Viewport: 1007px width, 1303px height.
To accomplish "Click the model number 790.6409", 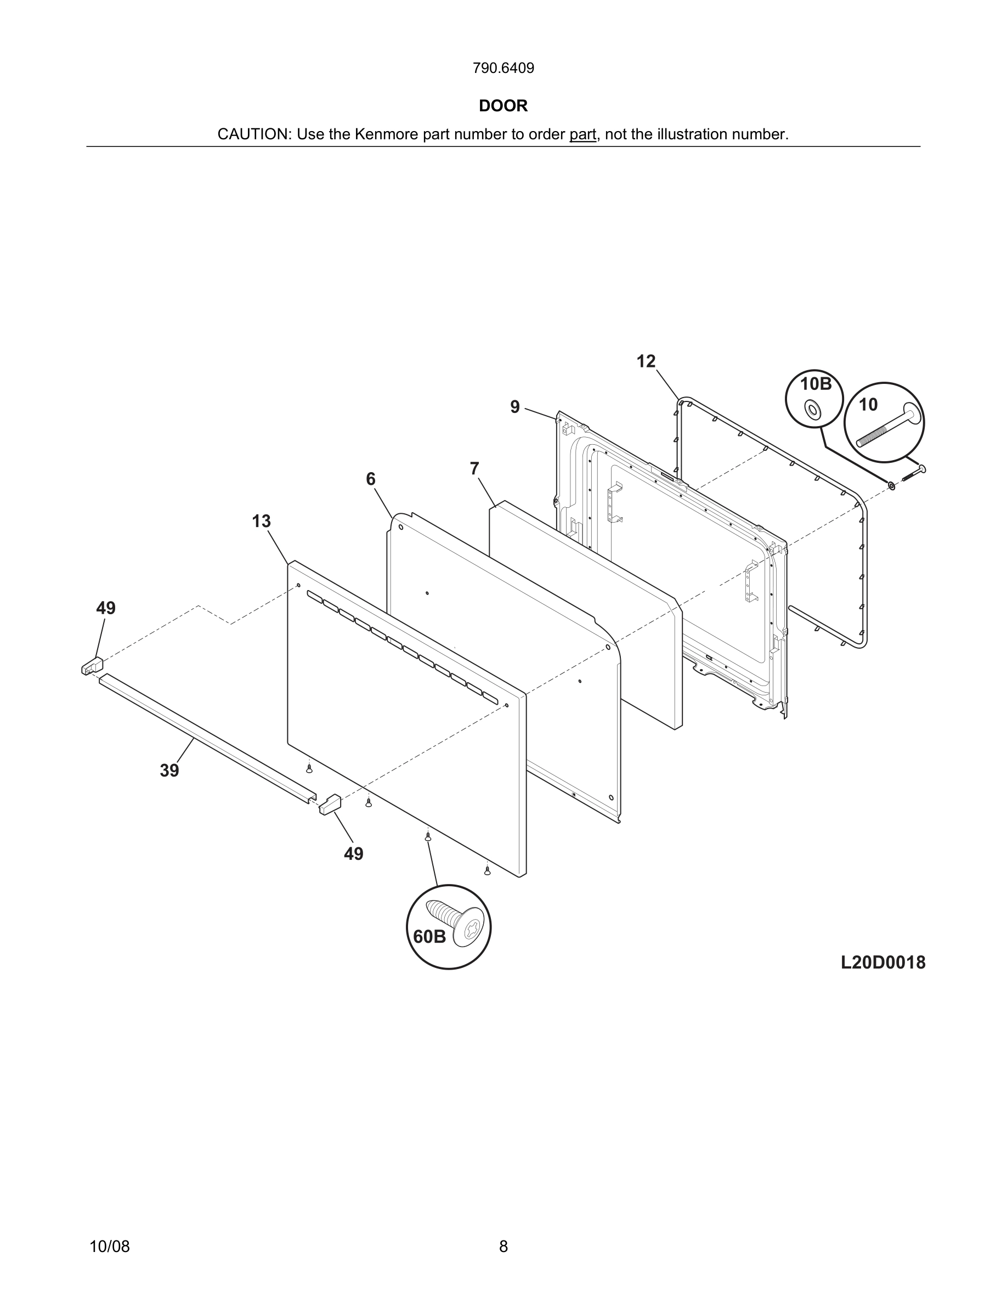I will point(503,69).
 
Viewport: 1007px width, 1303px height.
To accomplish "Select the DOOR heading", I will point(503,106).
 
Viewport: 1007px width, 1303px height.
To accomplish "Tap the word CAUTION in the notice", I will point(253,134).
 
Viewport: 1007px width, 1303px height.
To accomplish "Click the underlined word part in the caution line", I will point(582,134).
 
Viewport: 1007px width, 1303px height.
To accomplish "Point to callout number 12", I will point(646,361).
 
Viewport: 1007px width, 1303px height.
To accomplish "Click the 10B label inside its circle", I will point(815,384).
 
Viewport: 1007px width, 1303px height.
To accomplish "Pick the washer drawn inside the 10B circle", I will point(812,409).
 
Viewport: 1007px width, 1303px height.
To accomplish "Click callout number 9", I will point(515,407).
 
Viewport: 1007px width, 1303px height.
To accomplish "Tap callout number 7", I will point(474,469).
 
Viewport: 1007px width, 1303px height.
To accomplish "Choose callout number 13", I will point(261,522).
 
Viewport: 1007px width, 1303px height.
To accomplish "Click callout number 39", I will point(169,771).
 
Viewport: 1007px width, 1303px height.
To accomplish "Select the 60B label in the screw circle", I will point(429,937).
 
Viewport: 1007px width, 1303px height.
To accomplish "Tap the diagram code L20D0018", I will point(883,962).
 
